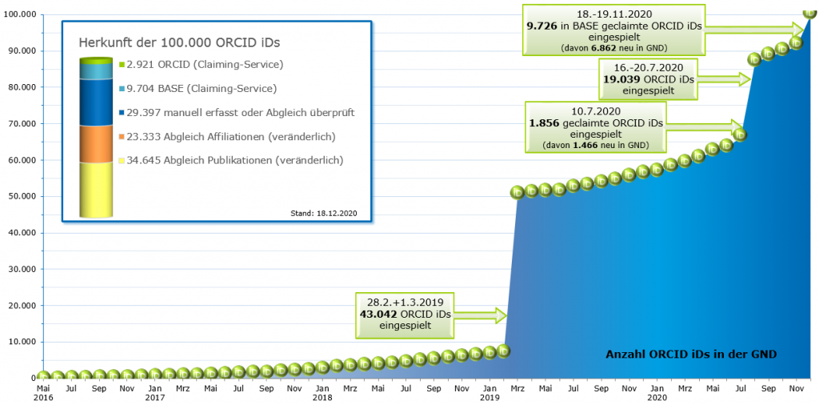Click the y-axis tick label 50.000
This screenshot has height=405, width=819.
click(x=18, y=196)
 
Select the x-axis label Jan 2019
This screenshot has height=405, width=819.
click(x=489, y=391)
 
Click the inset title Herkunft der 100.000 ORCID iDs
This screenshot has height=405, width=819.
click(x=184, y=42)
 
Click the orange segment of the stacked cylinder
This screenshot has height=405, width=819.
click(x=96, y=143)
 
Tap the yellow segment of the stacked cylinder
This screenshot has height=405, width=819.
click(x=96, y=188)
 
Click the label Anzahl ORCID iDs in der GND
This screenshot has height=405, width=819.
click(x=691, y=354)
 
